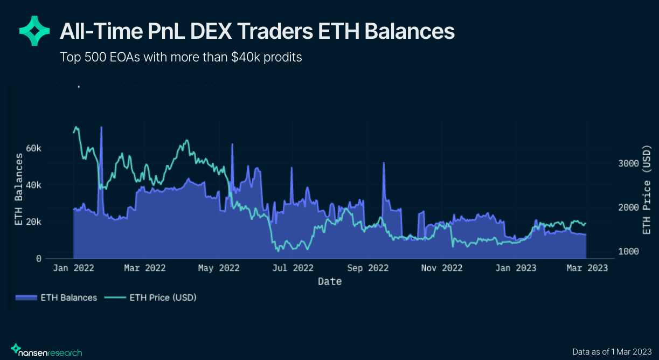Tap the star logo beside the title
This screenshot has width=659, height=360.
34,30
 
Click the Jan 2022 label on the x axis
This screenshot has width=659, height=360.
73,268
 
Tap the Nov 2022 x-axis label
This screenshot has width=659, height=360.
442,268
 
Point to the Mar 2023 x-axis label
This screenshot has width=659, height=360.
587,268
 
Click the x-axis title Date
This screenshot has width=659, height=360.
329,281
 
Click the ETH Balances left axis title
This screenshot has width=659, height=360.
19,189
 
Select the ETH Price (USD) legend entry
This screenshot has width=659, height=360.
156,297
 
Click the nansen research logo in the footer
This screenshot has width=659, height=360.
47,351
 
